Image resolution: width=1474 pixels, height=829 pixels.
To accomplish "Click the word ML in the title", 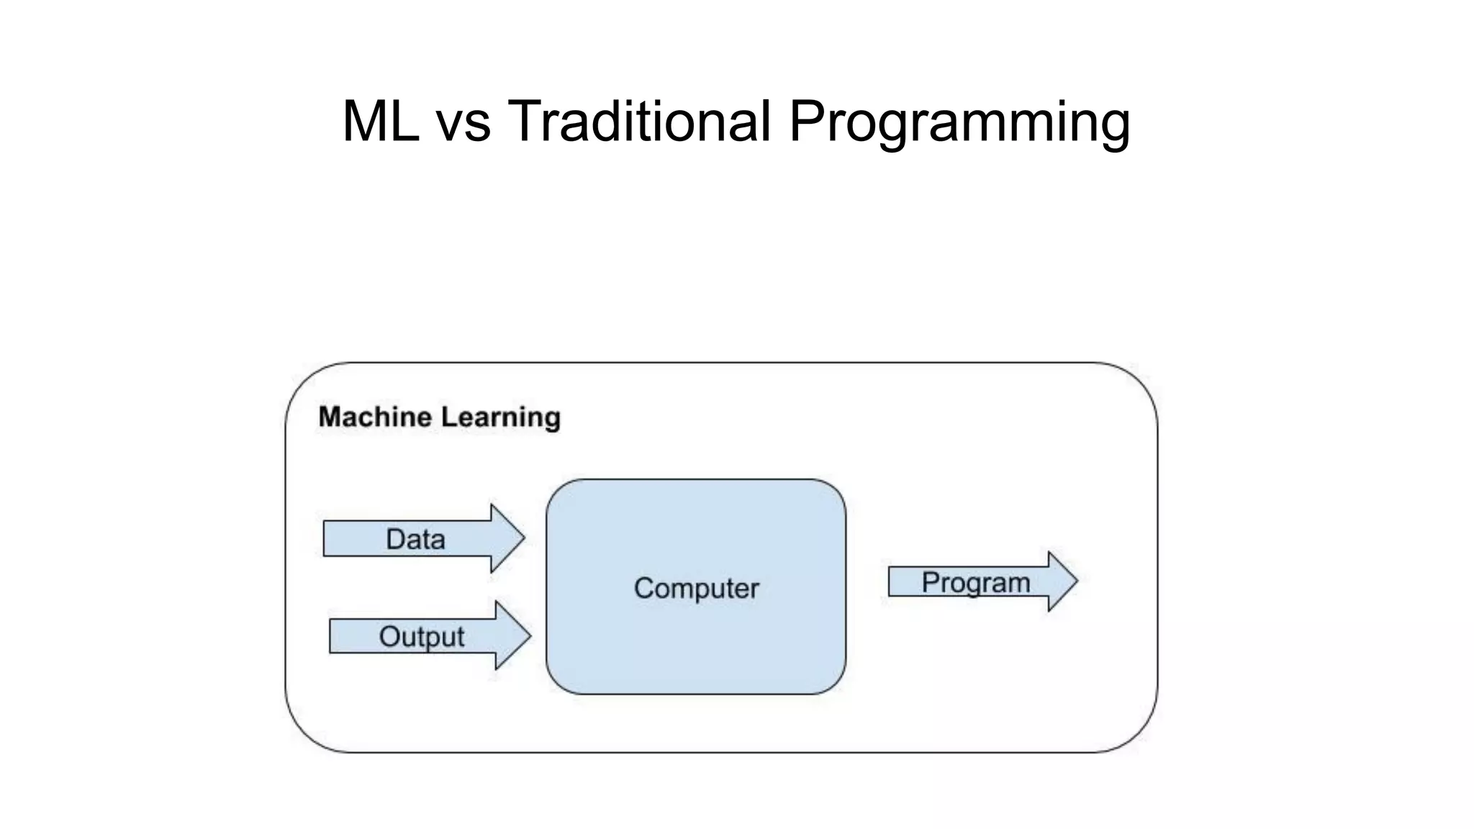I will point(380,121).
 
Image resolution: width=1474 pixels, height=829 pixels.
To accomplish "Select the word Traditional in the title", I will point(639,121).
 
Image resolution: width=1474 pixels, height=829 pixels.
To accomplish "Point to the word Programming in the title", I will point(959,122).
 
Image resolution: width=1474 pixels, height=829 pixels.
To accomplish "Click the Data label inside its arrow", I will point(415,540).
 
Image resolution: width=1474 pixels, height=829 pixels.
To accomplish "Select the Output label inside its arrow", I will point(421,637).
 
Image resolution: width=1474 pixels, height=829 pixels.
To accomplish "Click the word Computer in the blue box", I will point(696,589).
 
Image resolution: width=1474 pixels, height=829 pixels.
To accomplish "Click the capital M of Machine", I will point(330,417).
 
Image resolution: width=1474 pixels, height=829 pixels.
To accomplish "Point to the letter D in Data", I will point(394,540).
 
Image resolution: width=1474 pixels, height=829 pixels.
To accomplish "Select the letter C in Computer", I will point(643,589).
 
